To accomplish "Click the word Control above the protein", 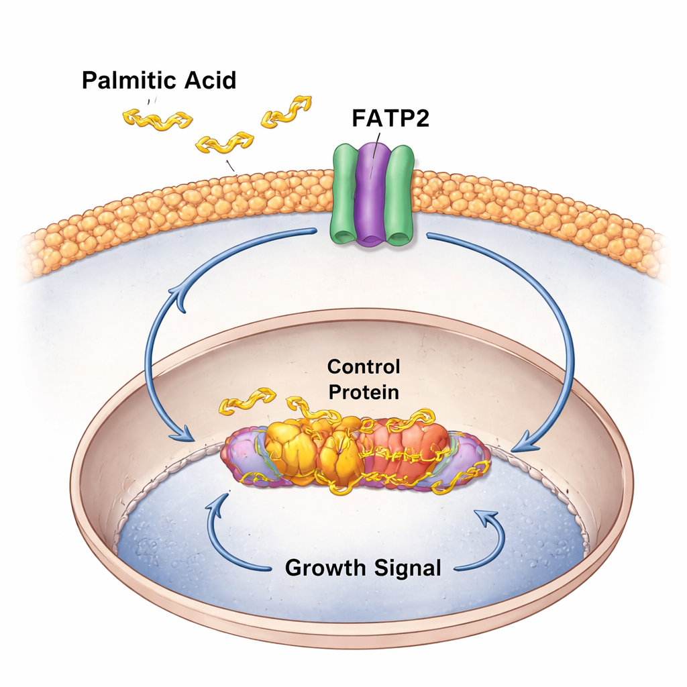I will tap(363, 367).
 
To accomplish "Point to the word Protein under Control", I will tap(363, 392).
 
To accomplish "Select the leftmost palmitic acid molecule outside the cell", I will tap(157, 119).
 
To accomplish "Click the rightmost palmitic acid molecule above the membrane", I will tap(286, 111).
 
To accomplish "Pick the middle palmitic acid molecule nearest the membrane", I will tap(224, 143).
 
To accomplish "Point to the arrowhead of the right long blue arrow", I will tap(523, 443).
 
